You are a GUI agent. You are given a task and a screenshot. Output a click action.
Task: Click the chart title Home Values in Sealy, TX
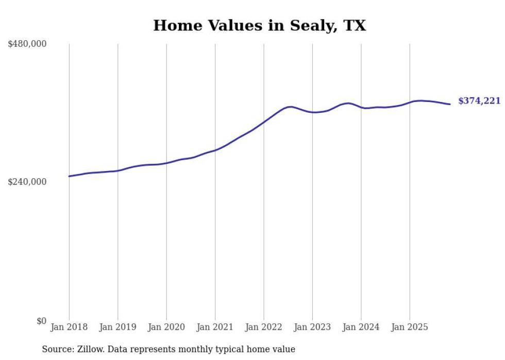259,25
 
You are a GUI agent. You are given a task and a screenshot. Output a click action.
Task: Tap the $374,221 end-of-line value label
479,101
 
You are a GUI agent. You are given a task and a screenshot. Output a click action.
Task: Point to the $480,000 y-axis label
27,44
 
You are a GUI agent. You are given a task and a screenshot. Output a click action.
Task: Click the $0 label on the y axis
41,321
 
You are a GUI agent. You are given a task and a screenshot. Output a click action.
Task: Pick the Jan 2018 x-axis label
69,327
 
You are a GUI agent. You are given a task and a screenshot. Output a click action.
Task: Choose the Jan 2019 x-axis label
118,327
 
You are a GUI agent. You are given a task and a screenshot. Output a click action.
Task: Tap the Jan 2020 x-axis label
166,327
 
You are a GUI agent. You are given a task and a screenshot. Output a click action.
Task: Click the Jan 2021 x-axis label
215,327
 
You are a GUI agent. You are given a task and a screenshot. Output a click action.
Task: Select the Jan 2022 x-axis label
264,327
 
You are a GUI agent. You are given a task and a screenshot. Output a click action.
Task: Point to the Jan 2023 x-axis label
312,327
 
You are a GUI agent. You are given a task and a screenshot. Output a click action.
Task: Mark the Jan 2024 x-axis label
361,327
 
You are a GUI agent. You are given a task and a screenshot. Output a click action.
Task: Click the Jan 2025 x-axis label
410,327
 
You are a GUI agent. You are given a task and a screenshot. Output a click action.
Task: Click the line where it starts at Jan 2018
69,176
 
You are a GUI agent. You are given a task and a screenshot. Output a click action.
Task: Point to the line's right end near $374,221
450,104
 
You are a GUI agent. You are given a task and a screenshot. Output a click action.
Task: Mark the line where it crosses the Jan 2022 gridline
264,122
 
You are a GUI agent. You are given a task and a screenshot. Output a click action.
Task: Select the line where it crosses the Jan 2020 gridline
166,163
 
